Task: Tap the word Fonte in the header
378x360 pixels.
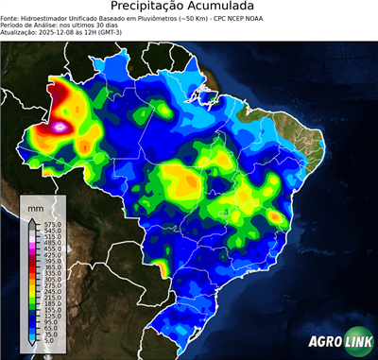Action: tap(11, 16)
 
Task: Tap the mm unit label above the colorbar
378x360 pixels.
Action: tap(36, 206)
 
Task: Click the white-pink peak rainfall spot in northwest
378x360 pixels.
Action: tap(63, 124)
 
